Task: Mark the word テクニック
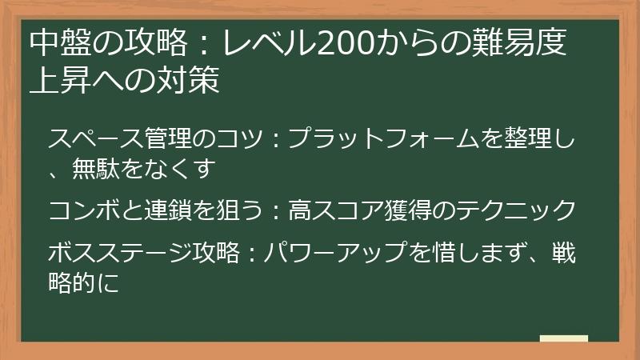(524, 210)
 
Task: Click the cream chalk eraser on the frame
(563, 338)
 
